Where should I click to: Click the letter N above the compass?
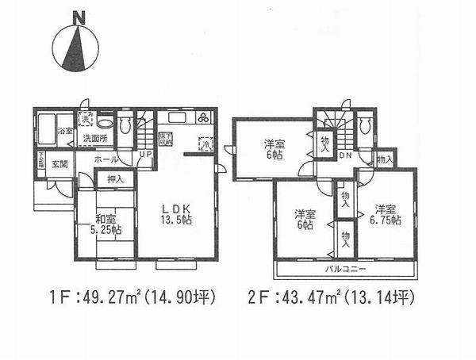click(77, 16)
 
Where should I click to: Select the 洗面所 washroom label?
click(94, 140)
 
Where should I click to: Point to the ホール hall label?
click(107, 159)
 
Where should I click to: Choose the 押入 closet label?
click(115, 180)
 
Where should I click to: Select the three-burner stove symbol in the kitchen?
click(204, 118)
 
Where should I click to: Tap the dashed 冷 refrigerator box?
click(204, 146)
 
